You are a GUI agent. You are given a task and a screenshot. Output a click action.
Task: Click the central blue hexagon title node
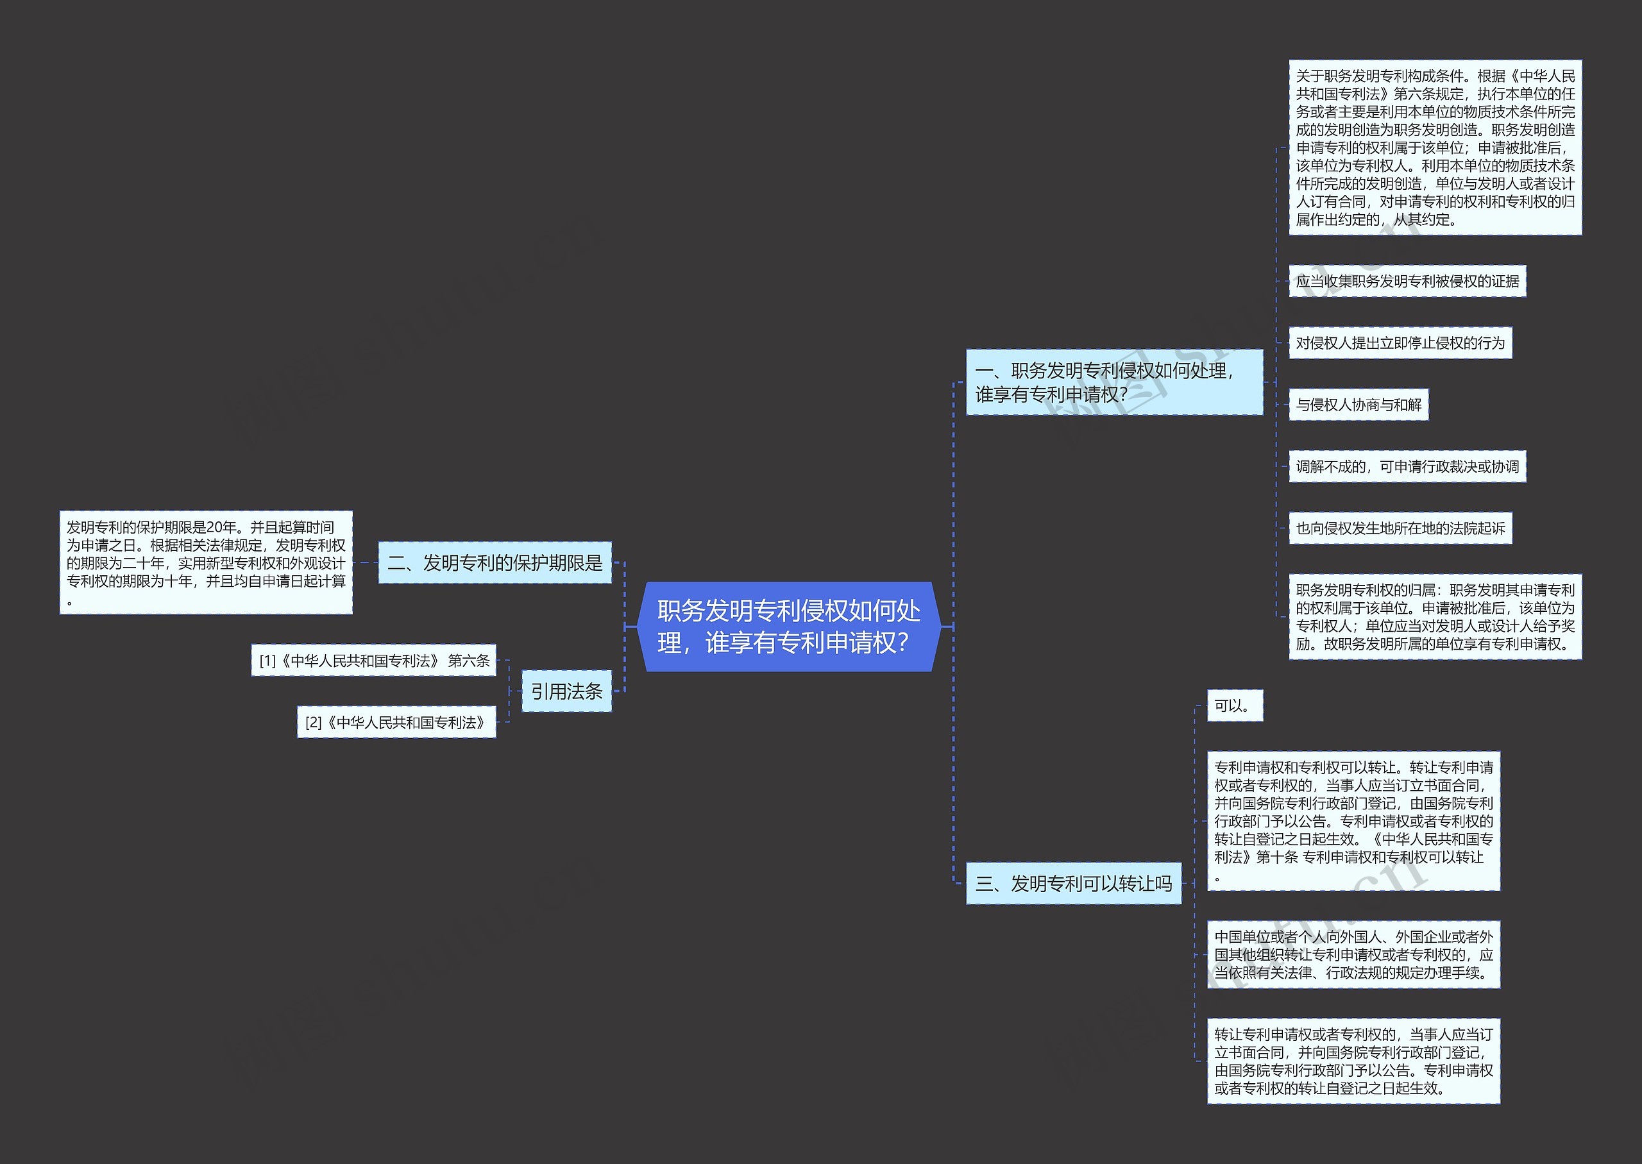tap(788, 627)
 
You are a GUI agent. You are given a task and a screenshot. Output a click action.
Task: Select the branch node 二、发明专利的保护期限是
tap(495, 562)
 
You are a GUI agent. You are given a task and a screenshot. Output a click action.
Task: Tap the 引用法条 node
tap(566, 691)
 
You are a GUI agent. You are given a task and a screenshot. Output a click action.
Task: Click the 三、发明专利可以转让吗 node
tap(1073, 884)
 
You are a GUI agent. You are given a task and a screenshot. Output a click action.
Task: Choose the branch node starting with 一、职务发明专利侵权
tap(1113, 382)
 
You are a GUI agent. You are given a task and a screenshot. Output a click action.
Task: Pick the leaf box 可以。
tap(1234, 706)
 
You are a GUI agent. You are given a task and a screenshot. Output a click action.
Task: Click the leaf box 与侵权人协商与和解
tap(1358, 405)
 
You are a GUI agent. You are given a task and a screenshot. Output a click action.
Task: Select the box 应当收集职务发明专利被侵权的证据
tap(1407, 281)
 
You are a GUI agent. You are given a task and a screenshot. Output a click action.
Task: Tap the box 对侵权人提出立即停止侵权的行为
tap(1400, 342)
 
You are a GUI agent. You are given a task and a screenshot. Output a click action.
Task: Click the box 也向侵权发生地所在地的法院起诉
tap(1400, 528)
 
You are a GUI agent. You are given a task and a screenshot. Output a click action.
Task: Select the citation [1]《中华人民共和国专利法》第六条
tap(373, 660)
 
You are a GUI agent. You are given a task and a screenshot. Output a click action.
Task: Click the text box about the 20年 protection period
tap(206, 562)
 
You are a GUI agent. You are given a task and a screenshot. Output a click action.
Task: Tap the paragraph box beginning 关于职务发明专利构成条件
tap(1435, 148)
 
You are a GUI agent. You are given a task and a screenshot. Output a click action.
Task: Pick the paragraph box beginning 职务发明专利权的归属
tap(1435, 617)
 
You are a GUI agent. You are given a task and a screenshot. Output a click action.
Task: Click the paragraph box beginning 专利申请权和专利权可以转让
tap(1353, 822)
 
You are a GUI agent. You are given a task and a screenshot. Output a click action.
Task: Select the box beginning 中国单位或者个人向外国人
tap(1353, 955)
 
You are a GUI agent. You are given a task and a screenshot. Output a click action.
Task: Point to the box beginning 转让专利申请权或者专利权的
tap(1353, 1061)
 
